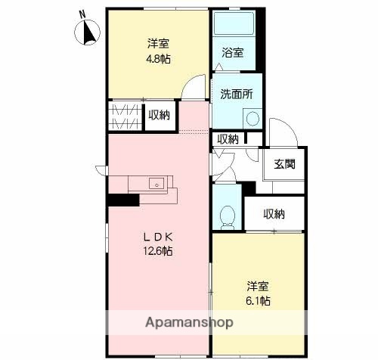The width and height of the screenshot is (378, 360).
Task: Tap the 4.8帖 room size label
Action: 156,57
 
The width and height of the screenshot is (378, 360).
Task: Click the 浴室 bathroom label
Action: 233,53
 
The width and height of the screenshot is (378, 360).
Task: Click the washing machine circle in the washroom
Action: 253,118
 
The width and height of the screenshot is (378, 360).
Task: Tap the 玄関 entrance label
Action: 284,164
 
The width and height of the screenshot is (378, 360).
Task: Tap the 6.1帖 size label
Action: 259,301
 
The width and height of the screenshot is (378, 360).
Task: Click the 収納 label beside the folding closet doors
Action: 160,115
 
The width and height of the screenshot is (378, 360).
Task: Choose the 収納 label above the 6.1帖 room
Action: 274,214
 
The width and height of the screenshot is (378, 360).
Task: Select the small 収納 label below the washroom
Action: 228,139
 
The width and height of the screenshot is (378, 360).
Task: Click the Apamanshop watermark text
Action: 190,322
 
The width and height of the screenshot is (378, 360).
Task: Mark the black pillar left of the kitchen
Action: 123,200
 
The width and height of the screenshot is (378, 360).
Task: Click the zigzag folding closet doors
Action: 125,116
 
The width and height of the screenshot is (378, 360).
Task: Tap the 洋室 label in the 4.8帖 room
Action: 156,43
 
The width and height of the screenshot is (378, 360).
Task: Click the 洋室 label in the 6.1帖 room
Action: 259,287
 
